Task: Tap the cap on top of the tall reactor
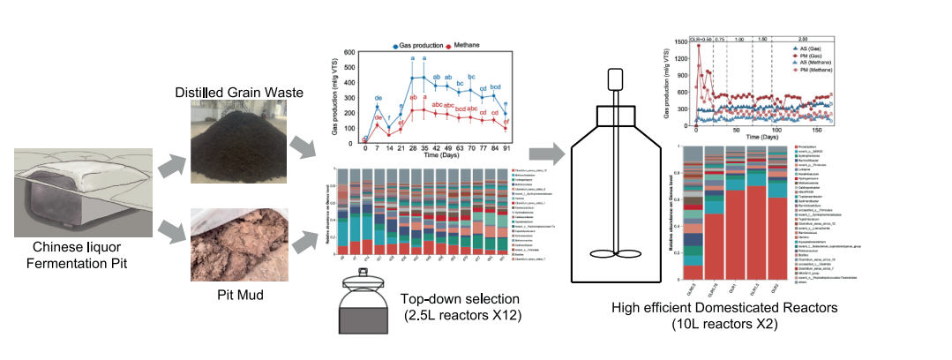pyautogui.click(x=616, y=87)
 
